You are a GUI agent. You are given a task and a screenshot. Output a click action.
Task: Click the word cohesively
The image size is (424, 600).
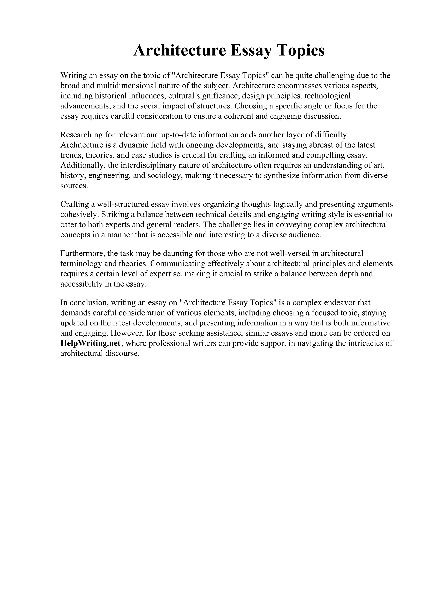click(79, 214)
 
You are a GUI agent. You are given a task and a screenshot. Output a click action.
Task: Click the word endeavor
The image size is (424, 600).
click(339, 303)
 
